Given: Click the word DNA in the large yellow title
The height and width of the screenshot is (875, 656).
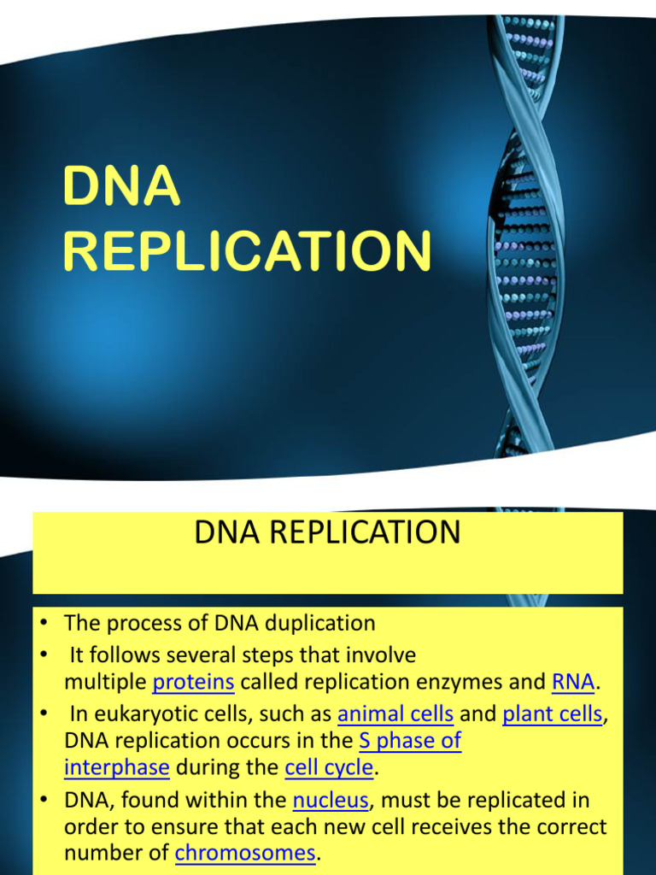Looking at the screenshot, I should tap(122, 188).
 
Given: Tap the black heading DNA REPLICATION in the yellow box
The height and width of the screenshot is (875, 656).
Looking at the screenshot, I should tap(327, 532).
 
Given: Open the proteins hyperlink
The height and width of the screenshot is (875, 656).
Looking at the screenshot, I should tap(193, 682).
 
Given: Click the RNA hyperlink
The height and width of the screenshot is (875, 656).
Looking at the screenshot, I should tap(573, 682).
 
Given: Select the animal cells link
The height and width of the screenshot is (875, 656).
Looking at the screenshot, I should tap(395, 714).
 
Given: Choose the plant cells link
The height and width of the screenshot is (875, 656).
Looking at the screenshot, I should tap(553, 714).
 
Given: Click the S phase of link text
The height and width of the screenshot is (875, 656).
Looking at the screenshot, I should tap(410, 740).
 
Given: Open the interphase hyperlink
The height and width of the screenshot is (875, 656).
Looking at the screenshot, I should tap(117, 767).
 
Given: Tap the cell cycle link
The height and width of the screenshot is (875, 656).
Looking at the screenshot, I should tap(329, 767).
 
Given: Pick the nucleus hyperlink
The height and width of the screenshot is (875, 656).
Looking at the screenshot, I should tap(331, 801).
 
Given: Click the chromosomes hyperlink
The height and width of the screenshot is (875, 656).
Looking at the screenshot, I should tap(245, 853).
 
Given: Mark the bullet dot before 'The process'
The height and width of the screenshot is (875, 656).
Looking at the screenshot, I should tap(44, 623).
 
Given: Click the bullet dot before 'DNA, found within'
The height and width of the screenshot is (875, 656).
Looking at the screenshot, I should tap(44, 801).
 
